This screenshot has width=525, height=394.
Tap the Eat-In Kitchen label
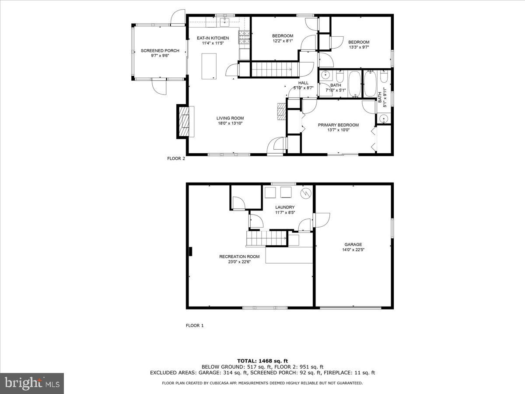(x=213, y=38)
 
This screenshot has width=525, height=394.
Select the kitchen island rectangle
(x=209, y=66)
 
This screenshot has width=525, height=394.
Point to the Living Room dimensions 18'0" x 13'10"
(x=230, y=123)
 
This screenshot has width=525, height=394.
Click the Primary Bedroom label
(x=338, y=125)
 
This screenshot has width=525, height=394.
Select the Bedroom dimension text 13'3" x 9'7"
(x=359, y=47)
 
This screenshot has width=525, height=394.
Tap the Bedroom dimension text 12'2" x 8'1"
(x=283, y=41)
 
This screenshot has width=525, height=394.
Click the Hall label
(x=303, y=83)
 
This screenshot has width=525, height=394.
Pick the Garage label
(x=353, y=245)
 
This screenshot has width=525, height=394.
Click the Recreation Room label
(x=239, y=257)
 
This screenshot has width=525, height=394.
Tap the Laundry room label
(x=285, y=207)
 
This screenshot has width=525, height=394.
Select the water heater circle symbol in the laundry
(x=305, y=193)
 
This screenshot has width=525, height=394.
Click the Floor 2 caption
(x=176, y=158)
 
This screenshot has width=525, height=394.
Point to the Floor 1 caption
(x=195, y=325)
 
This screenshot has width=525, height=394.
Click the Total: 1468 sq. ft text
(x=262, y=361)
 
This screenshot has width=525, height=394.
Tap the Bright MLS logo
(x=32, y=383)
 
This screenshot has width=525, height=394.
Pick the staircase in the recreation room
(x=266, y=239)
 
